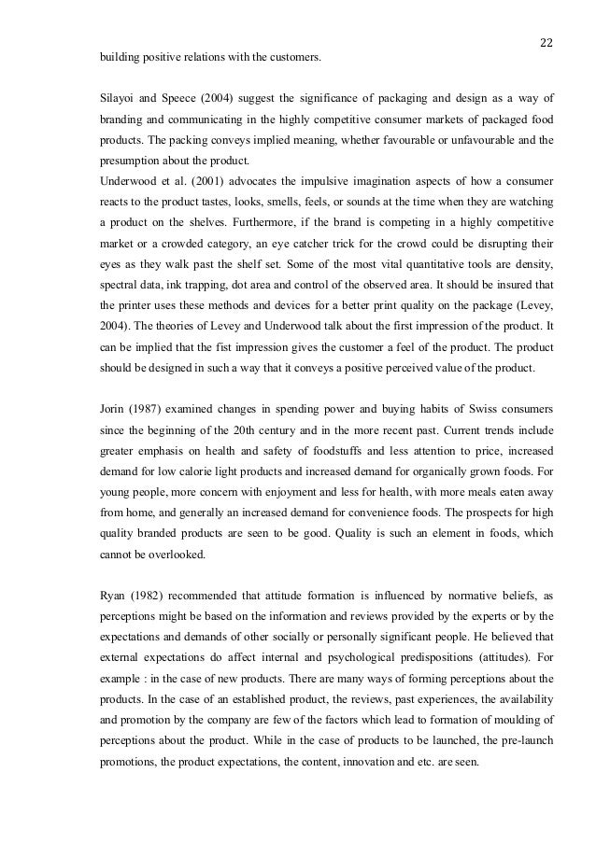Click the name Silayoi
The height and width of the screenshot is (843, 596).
pos(121,97)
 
